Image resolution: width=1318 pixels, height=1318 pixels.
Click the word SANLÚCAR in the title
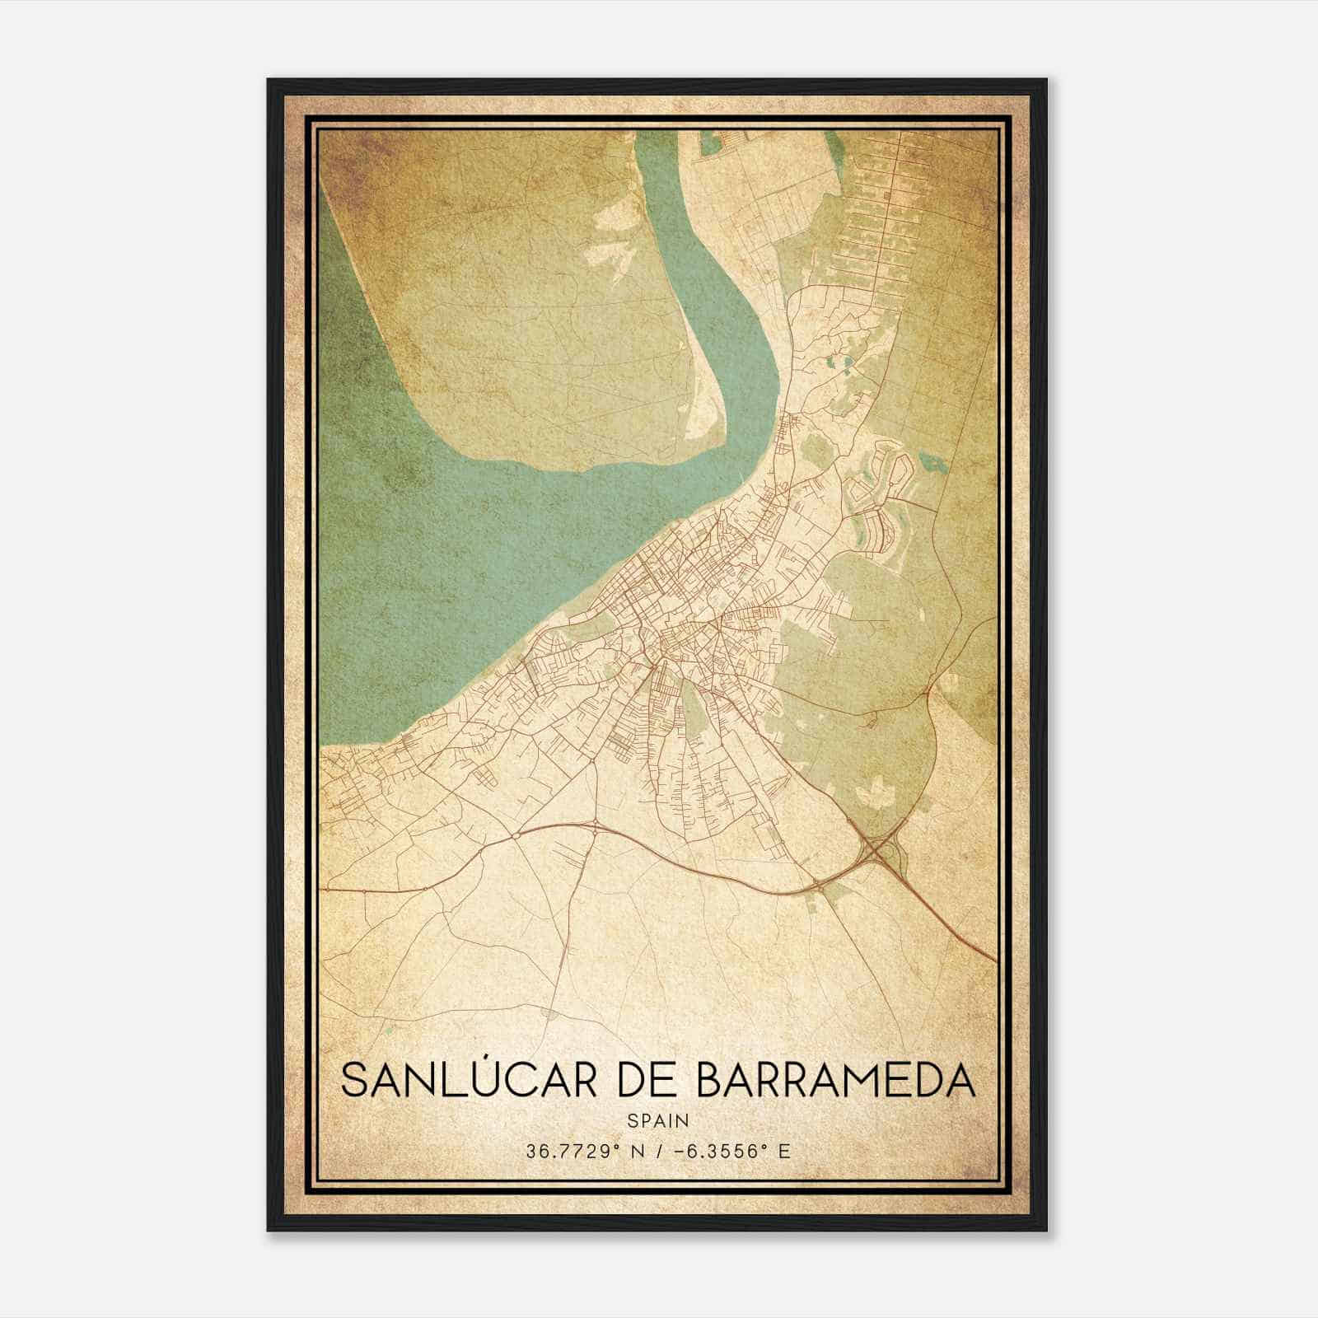point(467,1080)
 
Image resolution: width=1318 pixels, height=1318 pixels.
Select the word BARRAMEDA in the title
point(836,1080)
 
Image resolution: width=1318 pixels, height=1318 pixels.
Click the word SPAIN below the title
point(657,1121)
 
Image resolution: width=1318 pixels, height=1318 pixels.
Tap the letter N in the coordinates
point(634,1151)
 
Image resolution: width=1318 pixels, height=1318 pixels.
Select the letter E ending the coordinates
point(783,1151)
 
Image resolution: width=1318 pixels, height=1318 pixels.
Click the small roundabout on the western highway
point(515,836)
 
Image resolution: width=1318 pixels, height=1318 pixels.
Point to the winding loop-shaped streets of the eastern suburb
point(877,494)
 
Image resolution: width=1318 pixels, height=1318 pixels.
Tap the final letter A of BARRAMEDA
point(960,1080)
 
